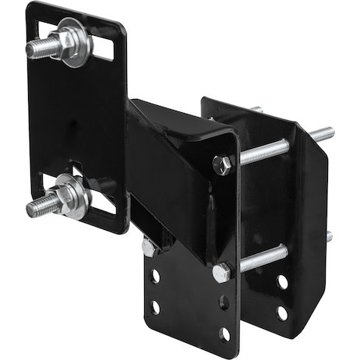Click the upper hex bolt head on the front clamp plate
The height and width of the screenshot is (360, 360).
[221, 164]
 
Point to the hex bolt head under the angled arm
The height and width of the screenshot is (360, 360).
[148, 248]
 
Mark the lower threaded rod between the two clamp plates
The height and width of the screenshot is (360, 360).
[263, 258]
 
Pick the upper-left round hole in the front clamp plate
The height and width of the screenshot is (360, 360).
[156, 275]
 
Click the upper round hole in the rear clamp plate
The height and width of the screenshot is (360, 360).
[282, 281]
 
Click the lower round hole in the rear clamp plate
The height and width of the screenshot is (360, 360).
[281, 312]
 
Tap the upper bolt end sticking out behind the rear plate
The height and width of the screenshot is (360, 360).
[322, 134]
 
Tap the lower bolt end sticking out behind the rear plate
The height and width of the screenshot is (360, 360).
[328, 236]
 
